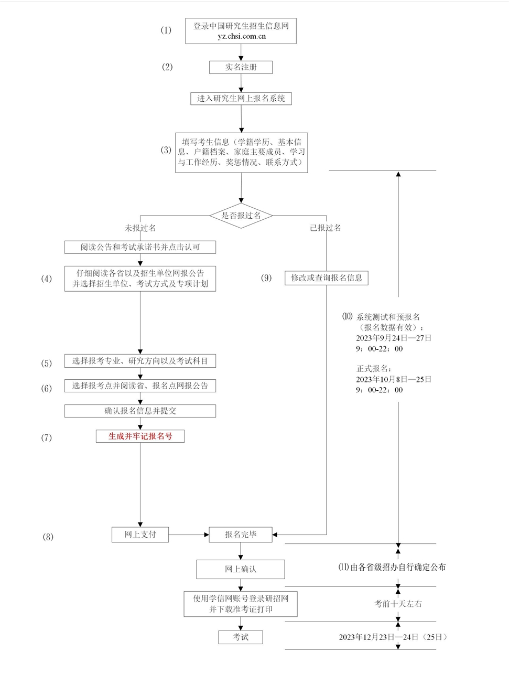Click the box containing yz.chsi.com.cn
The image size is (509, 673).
click(241, 31)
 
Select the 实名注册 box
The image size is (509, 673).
click(241, 67)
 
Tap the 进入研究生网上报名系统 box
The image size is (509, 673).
click(241, 98)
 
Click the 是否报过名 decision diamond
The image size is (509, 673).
click(241, 216)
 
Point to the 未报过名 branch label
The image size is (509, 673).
click(140, 228)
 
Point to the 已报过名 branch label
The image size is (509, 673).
click(325, 228)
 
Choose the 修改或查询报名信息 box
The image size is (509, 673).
click(326, 277)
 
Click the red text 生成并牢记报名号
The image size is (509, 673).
click(140, 436)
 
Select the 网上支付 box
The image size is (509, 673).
click(140, 535)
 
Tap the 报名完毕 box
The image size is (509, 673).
click(241, 535)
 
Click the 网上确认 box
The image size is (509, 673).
click(241, 569)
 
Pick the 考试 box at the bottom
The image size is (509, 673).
click(241, 637)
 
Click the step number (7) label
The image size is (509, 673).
click(47, 437)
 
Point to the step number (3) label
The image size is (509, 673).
click(166, 150)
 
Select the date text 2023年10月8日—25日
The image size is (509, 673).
click(393, 379)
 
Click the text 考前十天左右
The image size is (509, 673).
click(398, 604)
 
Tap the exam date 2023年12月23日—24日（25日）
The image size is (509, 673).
click(393, 637)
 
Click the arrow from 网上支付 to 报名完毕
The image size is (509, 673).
click(189, 535)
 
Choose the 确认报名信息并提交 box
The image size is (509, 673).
click(140, 411)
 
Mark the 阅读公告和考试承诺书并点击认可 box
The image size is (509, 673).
click(140, 247)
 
